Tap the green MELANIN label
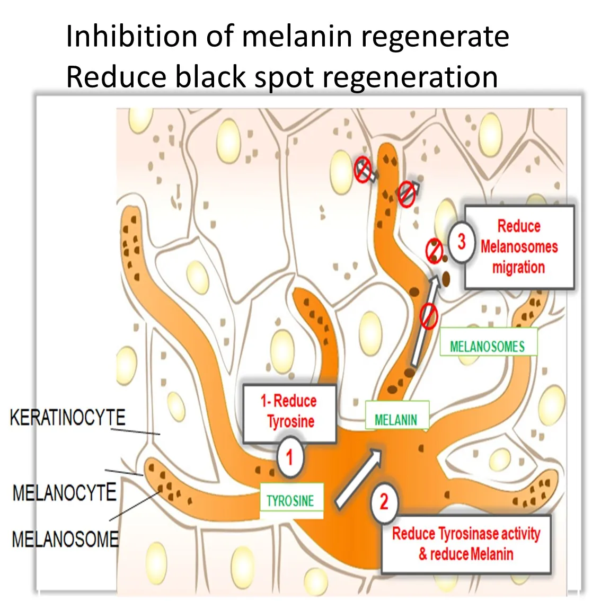[396, 420]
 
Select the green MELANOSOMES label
[488, 347]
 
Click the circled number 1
[289, 457]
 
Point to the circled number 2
[384, 501]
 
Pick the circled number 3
[462, 242]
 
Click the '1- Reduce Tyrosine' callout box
[289, 412]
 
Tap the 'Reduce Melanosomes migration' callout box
[519, 247]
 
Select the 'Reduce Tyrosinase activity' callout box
[466, 544]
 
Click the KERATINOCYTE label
[68, 418]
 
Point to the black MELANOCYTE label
[65, 493]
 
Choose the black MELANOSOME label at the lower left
[65, 540]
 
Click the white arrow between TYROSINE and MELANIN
[359, 477]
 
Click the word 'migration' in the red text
[518, 268]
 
